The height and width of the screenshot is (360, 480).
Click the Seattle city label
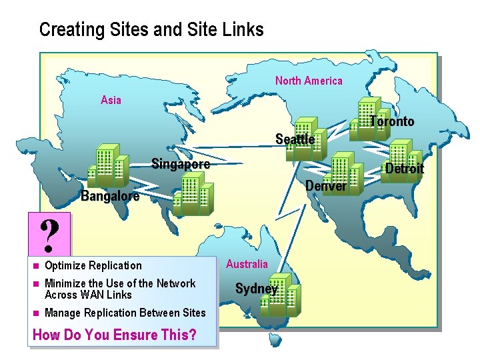295,139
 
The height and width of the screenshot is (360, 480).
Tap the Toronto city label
392,121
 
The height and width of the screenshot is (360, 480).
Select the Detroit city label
404,169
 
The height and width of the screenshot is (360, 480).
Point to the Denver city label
325,186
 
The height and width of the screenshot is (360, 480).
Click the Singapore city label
180,164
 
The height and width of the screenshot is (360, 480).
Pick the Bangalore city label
110,196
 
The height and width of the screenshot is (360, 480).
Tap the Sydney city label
256,289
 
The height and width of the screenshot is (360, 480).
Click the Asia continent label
111,100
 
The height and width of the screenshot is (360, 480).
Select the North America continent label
309,81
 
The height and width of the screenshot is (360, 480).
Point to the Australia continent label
247,264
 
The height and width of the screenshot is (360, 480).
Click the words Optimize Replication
93,265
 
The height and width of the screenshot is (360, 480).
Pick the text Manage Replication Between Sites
125,313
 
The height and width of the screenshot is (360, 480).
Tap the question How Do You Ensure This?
114,335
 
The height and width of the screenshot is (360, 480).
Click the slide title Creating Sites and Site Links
151,29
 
